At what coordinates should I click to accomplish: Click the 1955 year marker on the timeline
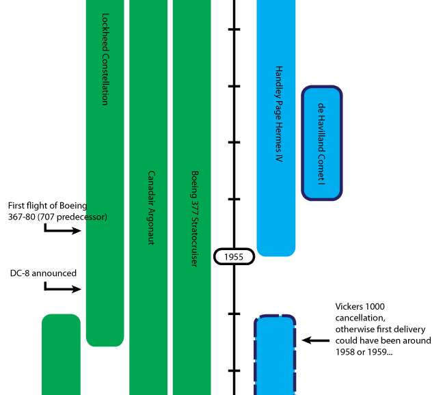pyautogui.click(x=234, y=257)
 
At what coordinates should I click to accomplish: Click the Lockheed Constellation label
pyautogui.click(x=105, y=59)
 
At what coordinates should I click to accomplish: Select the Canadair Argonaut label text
pyautogui.click(x=152, y=207)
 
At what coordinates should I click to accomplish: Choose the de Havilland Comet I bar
pyautogui.click(x=321, y=144)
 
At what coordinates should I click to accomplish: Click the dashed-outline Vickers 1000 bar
pyautogui.click(x=276, y=355)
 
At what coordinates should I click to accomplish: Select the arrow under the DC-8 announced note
pyautogui.click(x=62, y=289)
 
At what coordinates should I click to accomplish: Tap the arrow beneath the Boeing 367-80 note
pyautogui.click(x=62, y=231)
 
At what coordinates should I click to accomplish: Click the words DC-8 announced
pyautogui.click(x=43, y=273)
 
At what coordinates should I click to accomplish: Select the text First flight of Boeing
pyautogui.click(x=48, y=205)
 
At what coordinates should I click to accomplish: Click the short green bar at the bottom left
pyautogui.click(x=61, y=355)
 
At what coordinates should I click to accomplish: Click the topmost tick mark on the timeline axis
pyautogui.click(x=234, y=29)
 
